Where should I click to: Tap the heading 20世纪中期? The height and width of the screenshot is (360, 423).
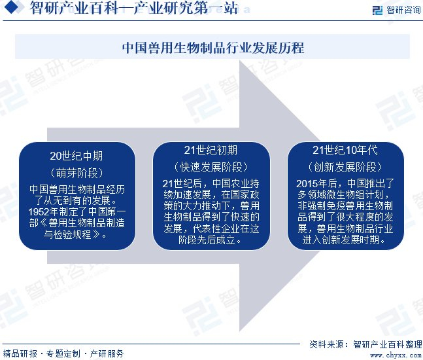76,156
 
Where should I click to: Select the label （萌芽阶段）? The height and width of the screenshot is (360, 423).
76,172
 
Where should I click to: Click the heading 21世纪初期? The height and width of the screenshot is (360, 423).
211,149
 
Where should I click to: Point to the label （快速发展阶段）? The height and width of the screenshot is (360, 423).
211,166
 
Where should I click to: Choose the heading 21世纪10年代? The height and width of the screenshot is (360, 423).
345,149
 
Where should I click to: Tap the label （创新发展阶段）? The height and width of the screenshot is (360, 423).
345,166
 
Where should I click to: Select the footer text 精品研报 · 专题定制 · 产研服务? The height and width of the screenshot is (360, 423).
63,353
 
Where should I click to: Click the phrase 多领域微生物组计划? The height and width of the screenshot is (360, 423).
340,194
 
